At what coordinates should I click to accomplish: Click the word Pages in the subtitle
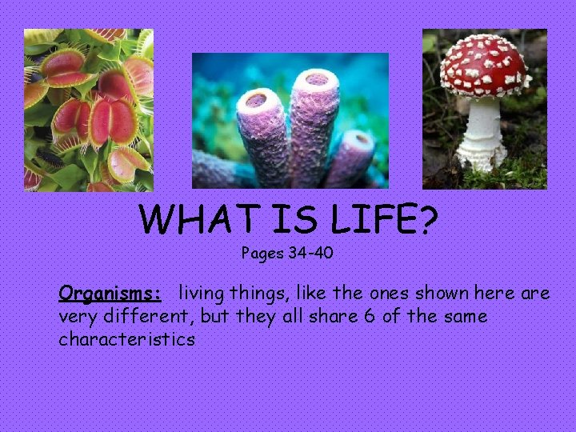[x=262, y=254]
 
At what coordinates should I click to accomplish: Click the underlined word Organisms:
[x=110, y=293]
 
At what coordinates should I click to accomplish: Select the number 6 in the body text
[x=369, y=316]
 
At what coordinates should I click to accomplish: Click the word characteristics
[x=126, y=339]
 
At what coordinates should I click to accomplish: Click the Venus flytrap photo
[x=88, y=110]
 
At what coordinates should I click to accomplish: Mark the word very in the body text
[x=75, y=316]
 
